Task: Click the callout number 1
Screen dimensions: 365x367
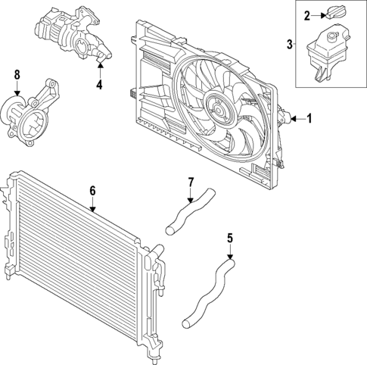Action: click(309, 118)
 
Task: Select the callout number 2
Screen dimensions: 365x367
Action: click(306, 15)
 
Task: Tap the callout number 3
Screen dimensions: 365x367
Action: click(291, 45)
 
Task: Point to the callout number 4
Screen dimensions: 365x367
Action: click(99, 83)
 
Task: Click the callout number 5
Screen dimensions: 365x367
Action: click(230, 239)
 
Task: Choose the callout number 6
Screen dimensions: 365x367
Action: click(92, 191)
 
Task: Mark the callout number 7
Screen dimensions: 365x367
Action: click(191, 182)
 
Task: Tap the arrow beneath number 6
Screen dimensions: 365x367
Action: click(92, 206)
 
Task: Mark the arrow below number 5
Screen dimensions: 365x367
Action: click(230, 253)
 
